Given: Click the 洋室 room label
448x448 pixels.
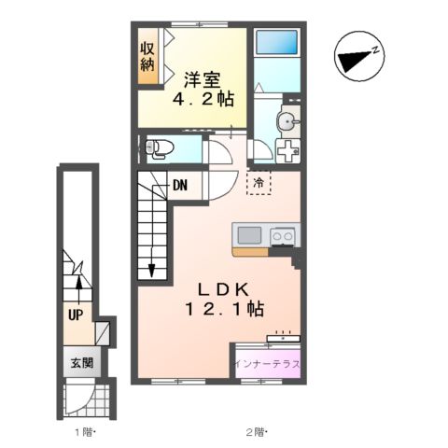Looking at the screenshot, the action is click(202, 80).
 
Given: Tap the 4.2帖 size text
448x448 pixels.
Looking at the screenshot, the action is click(203, 100).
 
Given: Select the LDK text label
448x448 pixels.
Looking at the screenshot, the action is click(224, 290).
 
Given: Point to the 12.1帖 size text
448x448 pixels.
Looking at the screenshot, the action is click(225, 310).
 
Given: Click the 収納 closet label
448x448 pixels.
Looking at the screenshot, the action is click(147, 57).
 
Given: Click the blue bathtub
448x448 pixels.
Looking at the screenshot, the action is click(276, 42).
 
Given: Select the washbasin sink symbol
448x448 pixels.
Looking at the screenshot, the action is click(287, 121).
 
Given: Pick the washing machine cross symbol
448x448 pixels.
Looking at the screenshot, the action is click(288, 151).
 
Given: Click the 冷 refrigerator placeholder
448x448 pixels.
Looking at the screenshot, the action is click(259, 183).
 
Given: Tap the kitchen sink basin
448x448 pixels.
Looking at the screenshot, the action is click(249, 235).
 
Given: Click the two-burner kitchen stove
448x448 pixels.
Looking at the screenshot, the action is click(283, 235).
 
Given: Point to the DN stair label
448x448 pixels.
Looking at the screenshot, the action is click(180, 186).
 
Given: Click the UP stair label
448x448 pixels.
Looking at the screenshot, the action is click(76, 315).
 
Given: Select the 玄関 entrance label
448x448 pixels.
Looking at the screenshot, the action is click(82, 363).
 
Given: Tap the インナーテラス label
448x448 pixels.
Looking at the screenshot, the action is click(267, 364).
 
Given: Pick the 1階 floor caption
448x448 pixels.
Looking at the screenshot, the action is click(85, 432).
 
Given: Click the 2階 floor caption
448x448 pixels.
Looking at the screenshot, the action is click(257, 432).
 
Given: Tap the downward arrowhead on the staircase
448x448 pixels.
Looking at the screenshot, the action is click(151, 270).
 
